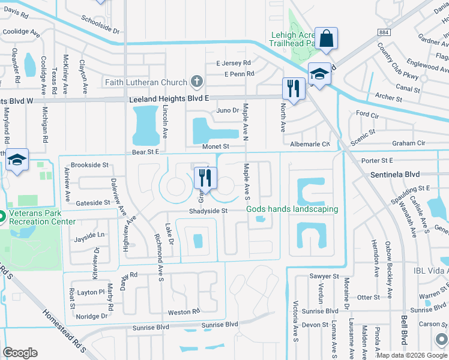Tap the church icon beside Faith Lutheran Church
click(x=196, y=82)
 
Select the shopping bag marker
click(x=327, y=39)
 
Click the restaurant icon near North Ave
click(x=292, y=89)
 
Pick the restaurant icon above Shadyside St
click(x=205, y=178)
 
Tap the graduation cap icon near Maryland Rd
click(x=17, y=160)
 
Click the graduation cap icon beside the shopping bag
click(x=320, y=74)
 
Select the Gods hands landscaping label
click(x=292, y=209)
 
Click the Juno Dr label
click(x=228, y=110)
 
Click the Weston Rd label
click(x=183, y=312)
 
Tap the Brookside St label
click(x=89, y=165)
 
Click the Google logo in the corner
click(x=20, y=353)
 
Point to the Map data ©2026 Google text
click(x=411, y=355)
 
